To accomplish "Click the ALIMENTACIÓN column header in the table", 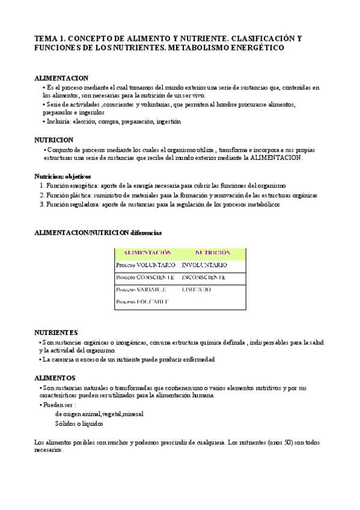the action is pyautogui.click(x=147, y=253).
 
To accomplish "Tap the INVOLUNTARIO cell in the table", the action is pyautogui.click(x=204, y=265).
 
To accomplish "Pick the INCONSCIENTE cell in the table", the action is pyautogui.click(x=204, y=277).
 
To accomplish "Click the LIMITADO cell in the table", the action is pyautogui.click(x=197, y=289).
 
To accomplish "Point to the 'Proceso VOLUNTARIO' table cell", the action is pyautogui.click(x=145, y=265).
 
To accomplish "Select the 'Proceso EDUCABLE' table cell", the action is pyautogui.click(x=142, y=301).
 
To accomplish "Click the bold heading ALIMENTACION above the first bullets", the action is pyautogui.click(x=61, y=78).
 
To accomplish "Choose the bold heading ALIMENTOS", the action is pyautogui.click(x=55, y=378).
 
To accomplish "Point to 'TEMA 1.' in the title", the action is pyautogui.click(x=50, y=38).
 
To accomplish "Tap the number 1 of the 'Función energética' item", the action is pyautogui.click(x=41, y=186).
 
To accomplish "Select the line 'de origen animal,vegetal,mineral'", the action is pyautogui.click(x=99, y=414).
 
